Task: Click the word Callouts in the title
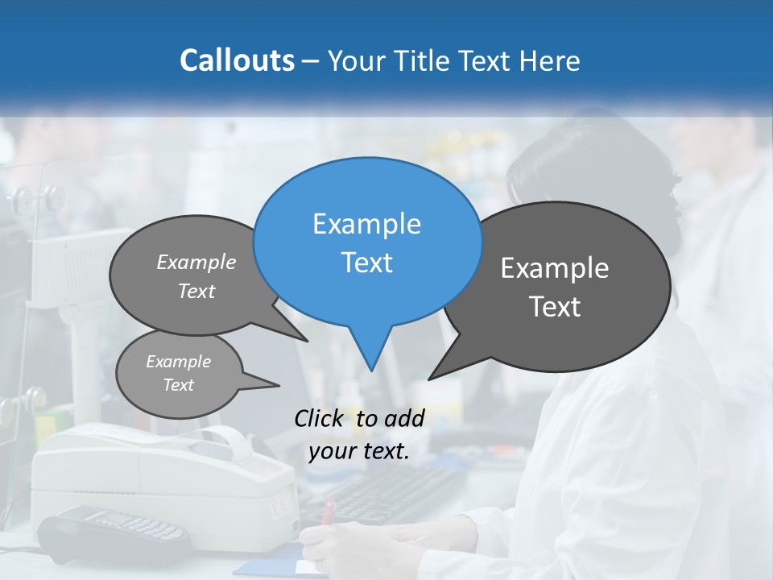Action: (237, 60)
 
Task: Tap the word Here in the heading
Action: (549, 60)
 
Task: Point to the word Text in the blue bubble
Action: (366, 262)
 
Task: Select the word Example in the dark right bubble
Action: (555, 268)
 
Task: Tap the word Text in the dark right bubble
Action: (555, 306)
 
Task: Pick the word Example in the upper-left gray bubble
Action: (196, 262)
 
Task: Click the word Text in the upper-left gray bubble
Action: (196, 291)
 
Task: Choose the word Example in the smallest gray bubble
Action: (178, 362)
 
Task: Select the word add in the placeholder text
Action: (404, 418)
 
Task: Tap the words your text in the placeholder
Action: (359, 451)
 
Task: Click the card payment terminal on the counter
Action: (113, 532)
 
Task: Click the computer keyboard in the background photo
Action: (386, 491)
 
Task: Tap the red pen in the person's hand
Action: (329, 511)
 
